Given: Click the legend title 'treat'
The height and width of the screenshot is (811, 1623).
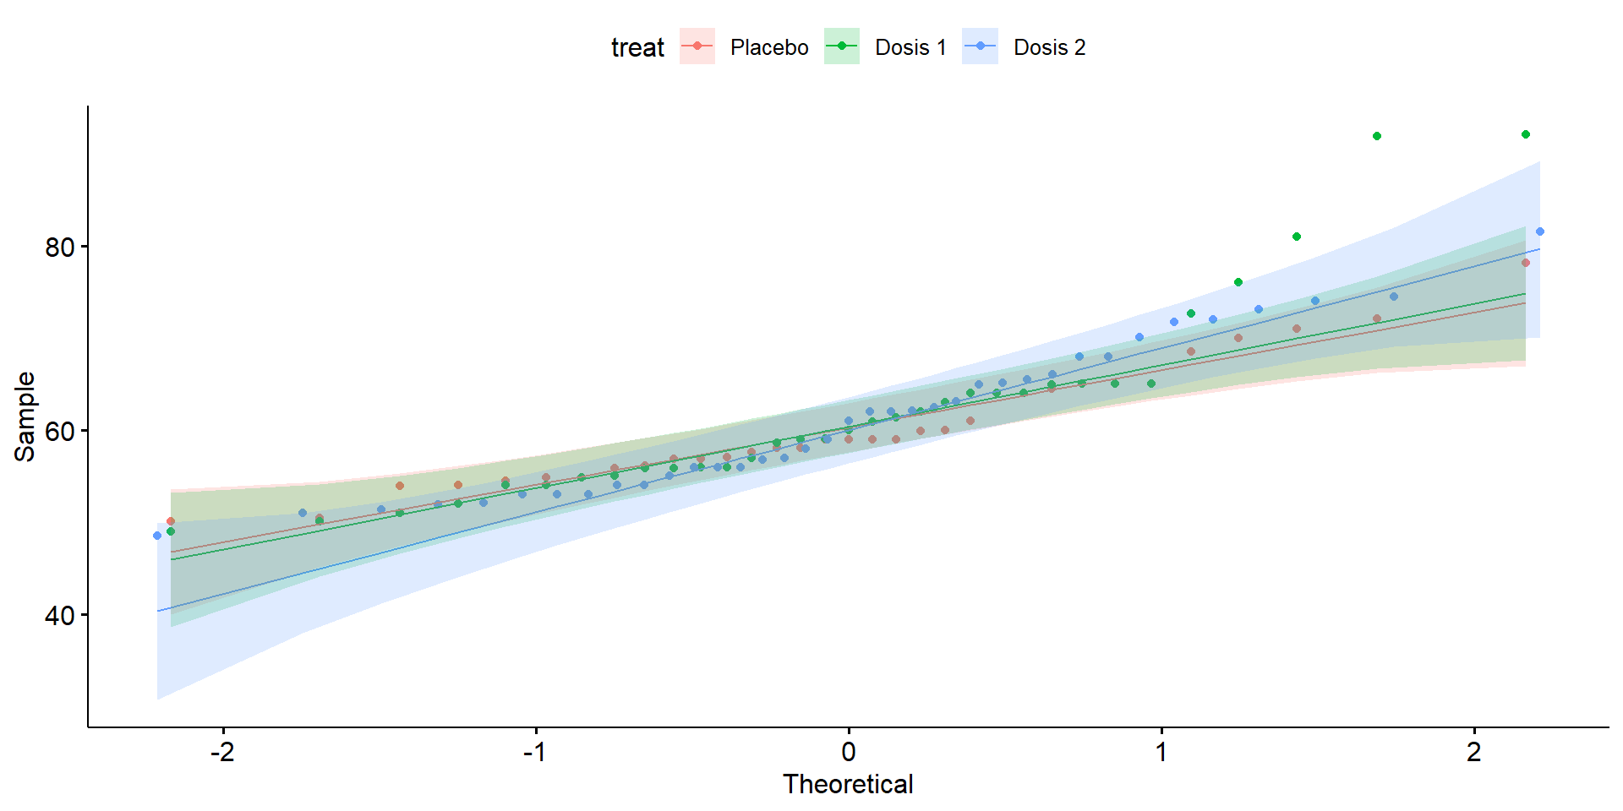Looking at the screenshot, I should point(637,47).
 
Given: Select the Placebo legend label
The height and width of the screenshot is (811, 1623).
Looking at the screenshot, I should point(769,47).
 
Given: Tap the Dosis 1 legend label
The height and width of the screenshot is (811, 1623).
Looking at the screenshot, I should point(910,47).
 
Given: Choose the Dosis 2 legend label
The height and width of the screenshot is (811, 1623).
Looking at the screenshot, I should point(1049,47).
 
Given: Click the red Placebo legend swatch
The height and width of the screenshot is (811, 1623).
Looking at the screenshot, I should point(697,46).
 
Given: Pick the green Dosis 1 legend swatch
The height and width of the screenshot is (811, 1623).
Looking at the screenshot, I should point(842,46).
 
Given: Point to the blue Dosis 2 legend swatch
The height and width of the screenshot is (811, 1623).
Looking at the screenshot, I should point(981,46).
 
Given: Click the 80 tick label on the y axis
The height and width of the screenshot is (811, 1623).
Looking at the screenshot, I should point(60,248).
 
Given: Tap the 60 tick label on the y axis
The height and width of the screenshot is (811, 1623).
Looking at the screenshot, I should point(60,432).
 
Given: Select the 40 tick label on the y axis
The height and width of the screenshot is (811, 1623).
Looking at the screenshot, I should point(60,616).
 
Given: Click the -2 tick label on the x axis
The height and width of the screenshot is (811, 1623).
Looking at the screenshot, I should point(222,752).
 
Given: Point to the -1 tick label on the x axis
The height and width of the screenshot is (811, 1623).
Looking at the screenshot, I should point(535,752).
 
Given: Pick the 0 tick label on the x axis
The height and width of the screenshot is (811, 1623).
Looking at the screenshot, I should point(849,752).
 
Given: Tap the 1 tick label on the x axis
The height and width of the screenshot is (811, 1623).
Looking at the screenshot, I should point(1161,752).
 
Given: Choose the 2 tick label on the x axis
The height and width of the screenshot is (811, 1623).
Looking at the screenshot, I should point(1474,752).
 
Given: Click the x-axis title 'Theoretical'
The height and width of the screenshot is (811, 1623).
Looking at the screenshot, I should point(848,784).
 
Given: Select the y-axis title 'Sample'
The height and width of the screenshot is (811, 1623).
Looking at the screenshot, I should point(25,416).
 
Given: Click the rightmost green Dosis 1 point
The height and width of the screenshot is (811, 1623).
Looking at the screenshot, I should point(1526,134).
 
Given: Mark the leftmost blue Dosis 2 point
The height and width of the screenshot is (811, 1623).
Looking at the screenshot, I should point(157,536).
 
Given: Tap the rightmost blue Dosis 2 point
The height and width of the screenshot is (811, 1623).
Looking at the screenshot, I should point(1540,231).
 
